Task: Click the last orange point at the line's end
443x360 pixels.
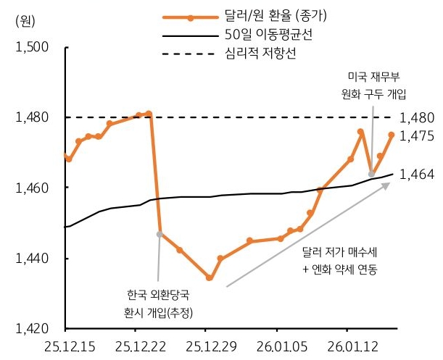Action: point(392,134)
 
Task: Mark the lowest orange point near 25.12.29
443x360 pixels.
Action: point(209,277)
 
